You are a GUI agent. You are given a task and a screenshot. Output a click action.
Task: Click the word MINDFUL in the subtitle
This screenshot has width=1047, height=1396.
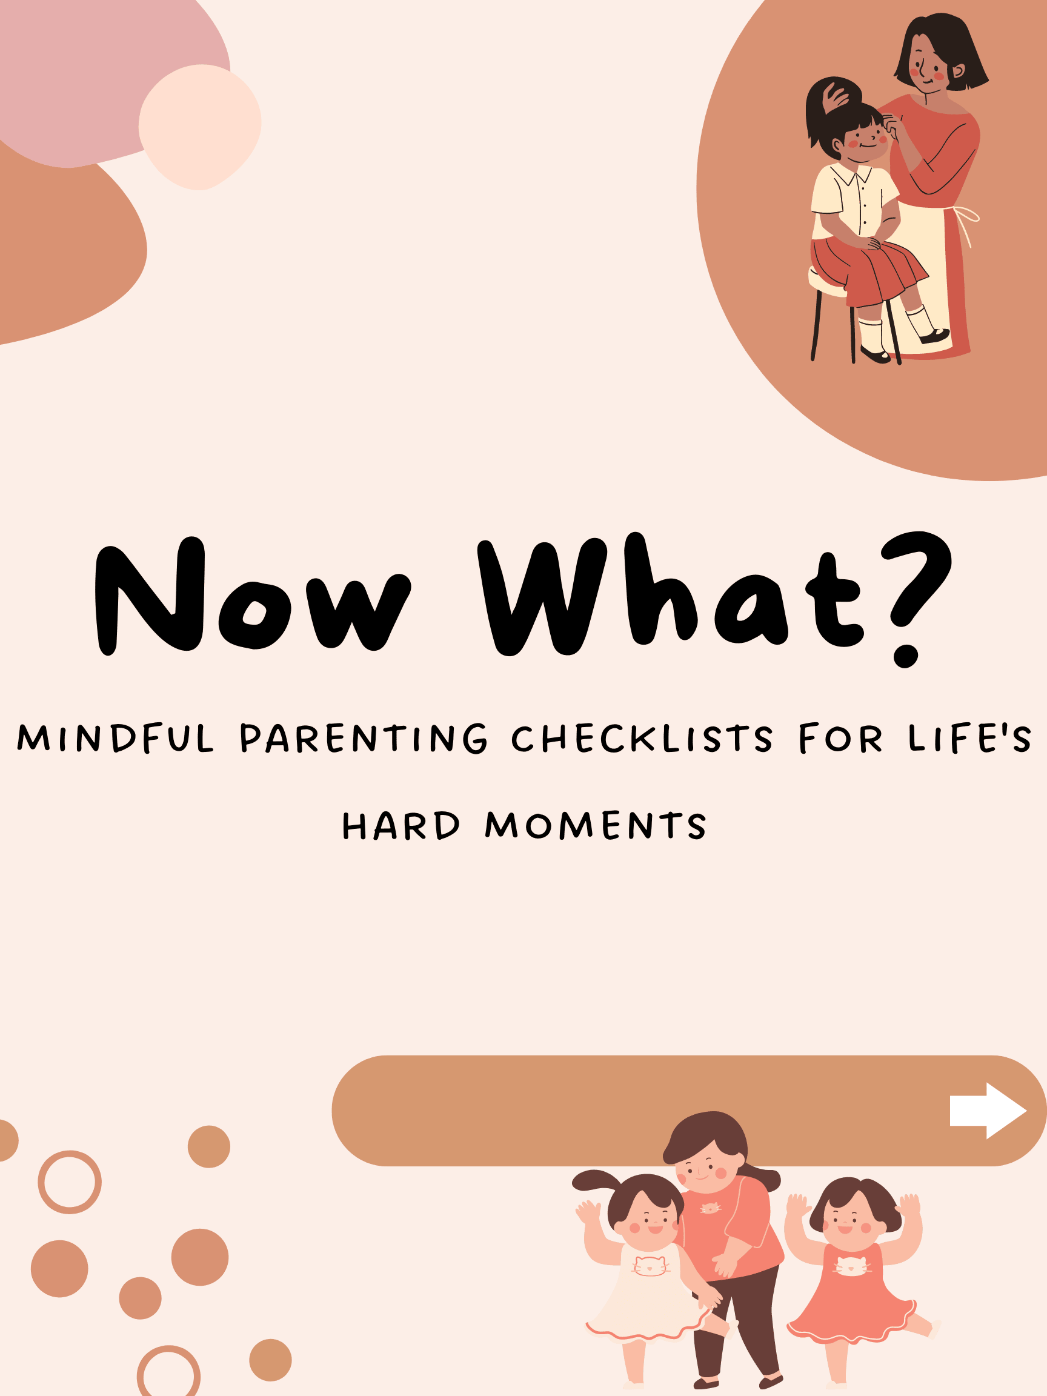point(116,738)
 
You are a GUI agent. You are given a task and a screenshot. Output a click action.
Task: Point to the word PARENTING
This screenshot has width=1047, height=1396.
point(364,738)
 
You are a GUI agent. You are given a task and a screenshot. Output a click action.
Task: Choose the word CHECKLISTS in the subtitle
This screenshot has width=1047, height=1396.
point(642,738)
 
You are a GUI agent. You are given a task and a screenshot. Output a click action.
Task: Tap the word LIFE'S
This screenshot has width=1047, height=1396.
point(969,738)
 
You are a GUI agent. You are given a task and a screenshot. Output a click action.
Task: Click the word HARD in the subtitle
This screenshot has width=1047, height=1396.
point(401,825)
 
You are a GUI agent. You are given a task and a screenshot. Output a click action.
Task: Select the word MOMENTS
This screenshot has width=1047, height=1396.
point(595,825)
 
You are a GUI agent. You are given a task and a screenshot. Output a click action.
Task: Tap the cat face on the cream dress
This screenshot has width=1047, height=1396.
point(650,1265)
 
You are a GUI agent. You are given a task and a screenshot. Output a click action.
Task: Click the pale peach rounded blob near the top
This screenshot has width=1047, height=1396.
point(199,127)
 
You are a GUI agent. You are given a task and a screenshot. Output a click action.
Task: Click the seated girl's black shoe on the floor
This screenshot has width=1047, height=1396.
point(875,355)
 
